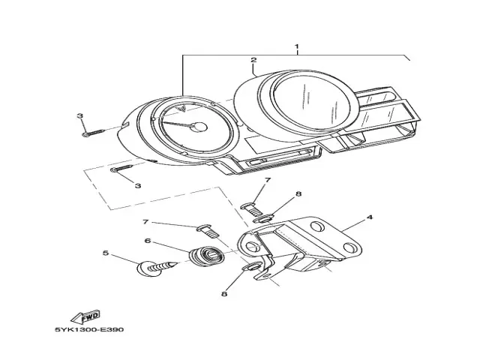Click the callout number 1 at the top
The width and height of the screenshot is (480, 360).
pos(296,47)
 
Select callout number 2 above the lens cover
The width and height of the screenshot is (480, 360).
pos(253,60)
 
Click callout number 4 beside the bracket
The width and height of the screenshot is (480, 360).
pos(370,218)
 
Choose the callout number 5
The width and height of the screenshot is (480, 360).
pos(106,253)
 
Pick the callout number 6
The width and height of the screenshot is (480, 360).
pos(148,241)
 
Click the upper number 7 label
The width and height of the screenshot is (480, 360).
pos(267,181)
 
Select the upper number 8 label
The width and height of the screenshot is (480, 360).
pos(298,194)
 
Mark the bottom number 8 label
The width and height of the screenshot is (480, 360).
pos(223,295)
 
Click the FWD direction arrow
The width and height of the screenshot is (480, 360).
pos(86,316)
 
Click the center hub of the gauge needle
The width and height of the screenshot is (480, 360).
pos(199,126)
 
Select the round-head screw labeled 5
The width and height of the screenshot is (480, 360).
pos(150,268)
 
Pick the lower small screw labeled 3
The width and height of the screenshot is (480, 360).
pos(121,169)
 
